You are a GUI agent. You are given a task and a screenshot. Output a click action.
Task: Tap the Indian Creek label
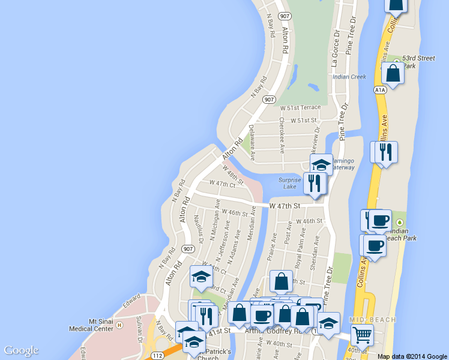[x=349, y=77]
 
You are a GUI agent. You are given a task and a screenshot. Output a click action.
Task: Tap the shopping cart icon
[x=362, y=334]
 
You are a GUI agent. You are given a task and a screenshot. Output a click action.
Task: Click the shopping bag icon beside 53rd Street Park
[x=393, y=74]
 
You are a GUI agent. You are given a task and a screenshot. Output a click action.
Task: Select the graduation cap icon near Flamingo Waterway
[x=321, y=163]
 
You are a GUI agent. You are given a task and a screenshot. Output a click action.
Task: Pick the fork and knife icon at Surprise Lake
[x=315, y=182]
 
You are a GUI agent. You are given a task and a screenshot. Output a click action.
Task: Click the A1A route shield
[x=379, y=90]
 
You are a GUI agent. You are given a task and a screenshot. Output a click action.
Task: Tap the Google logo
[x=21, y=350]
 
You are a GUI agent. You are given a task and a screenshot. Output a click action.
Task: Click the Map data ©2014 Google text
[x=412, y=356]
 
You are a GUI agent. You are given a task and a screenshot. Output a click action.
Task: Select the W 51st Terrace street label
[x=301, y=107]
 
